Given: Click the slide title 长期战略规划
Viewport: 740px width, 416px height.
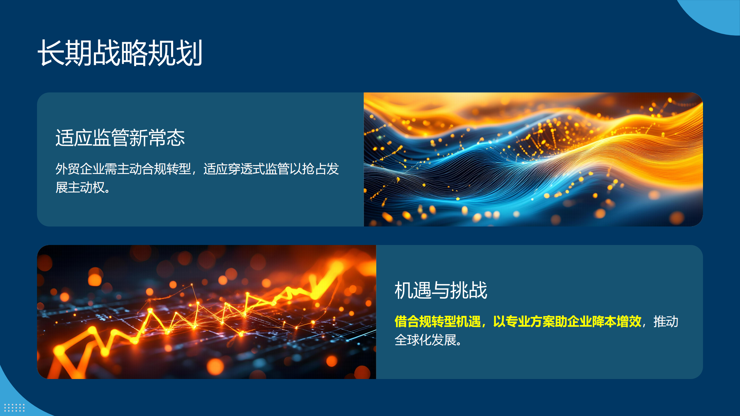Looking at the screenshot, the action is [120, 53].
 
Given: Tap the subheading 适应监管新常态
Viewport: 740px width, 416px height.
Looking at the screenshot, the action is [120, 138].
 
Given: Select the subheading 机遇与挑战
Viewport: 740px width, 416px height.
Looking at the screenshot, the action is [441, 290].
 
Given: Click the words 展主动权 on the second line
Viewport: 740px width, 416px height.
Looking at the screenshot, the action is [80, 187].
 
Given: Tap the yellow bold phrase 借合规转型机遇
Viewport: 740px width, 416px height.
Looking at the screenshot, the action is [438, 322].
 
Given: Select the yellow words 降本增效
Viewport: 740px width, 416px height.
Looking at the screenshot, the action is [617, 322].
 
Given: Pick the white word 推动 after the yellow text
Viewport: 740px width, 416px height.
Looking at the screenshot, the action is [666, 322].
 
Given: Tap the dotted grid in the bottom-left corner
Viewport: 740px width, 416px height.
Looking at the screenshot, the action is [14, 407].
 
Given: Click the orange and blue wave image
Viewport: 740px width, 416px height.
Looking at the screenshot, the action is [533, 159].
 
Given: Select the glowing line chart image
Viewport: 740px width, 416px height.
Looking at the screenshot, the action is [206, 312].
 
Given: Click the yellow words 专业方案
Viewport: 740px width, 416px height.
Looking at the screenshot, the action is [530, 322].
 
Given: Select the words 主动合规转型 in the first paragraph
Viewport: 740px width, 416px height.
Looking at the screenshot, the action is [154, 169].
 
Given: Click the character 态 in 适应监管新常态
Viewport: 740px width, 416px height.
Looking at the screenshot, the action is [176, 138].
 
